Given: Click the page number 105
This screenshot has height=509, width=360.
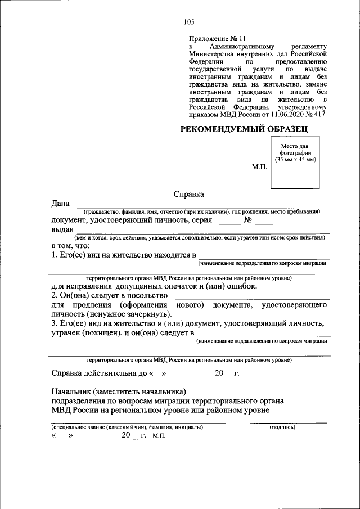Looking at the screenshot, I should coord(188,22).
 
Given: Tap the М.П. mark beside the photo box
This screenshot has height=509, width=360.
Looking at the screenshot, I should coord(259,168).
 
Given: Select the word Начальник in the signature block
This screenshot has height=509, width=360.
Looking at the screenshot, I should coord(71,391).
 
